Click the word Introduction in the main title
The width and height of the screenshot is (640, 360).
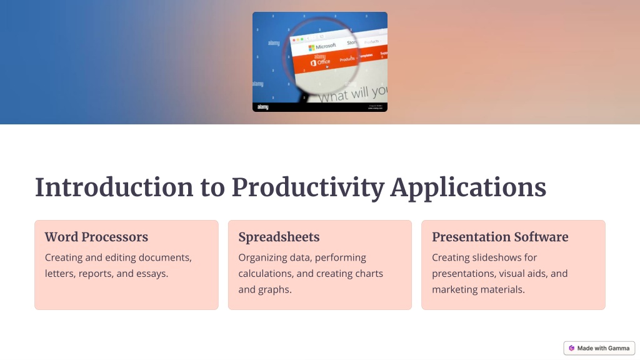[x=114, y=187]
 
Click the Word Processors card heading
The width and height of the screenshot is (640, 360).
[x=96, y=237]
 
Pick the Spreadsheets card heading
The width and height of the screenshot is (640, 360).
[x=279, y=237]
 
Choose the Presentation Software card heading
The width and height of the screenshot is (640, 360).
[x=500, y=237]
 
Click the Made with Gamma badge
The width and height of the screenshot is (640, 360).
[x=599, y=348]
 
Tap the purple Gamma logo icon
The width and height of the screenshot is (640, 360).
[x=571, y=348]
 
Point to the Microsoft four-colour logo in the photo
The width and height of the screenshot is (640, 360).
[x=311, y=48]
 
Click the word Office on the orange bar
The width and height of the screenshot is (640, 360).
[x=323, y=62]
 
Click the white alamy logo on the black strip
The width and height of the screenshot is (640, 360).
[x=263, y=107]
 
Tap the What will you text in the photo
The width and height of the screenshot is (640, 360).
[x=352, y=94]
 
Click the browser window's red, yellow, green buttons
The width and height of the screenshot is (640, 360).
[x=298, y=39]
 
